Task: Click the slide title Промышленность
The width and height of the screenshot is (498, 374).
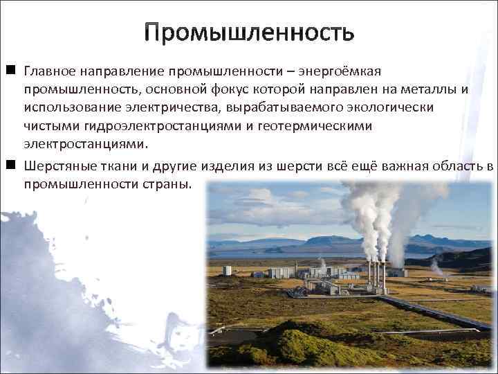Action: (x=249, y=32)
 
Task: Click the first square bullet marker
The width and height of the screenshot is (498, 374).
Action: (x=11, y=71)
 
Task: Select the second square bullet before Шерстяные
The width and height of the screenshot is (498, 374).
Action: (x=11, y=166)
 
